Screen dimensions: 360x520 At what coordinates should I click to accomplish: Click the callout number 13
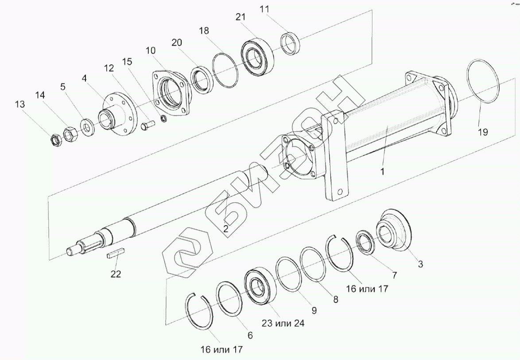coord(19,104)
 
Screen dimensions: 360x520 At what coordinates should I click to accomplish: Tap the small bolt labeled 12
coord(147,126)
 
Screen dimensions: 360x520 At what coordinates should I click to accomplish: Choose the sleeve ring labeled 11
coord(291,43)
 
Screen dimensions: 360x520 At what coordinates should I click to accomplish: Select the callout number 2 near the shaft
coord(226,229)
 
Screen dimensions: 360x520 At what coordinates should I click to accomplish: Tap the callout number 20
coord(177,43)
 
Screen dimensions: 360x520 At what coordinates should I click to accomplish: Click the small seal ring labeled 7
coord(365,245)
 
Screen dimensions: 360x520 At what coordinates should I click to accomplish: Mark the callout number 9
coord(314,310)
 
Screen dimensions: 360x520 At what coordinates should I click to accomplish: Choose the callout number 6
coord(250,336)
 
